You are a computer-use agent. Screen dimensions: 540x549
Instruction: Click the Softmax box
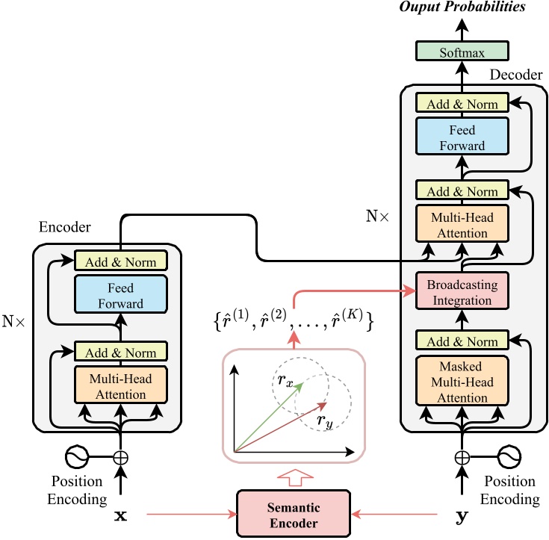click(462, 53)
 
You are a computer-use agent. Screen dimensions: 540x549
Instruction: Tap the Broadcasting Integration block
click(462, 292)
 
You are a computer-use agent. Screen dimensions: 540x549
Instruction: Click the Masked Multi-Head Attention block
click(462, 382)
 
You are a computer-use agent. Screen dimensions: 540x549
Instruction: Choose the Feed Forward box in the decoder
click(462, 137)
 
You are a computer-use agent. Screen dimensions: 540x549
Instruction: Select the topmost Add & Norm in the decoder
click(462, 104)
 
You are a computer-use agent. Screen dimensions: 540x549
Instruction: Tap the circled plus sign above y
click(462, 456)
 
